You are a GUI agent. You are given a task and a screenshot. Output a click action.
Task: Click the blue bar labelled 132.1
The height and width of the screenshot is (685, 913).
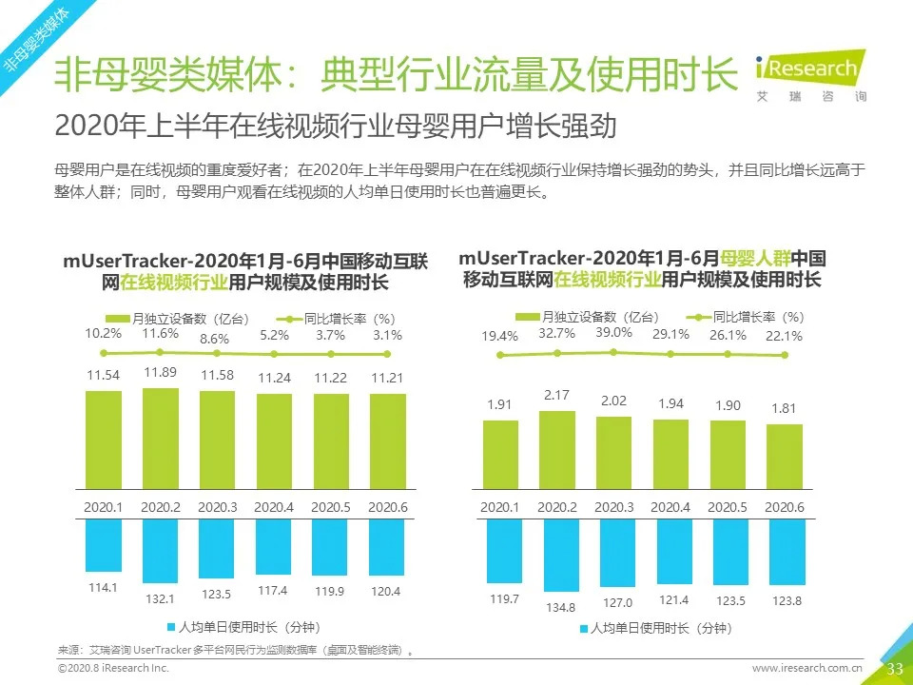tap(161, 551)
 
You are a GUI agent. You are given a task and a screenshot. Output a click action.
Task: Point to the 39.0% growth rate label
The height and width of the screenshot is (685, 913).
tap(613, 332)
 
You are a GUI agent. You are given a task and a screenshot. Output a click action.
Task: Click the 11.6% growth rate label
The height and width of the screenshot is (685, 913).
tap(161, 333)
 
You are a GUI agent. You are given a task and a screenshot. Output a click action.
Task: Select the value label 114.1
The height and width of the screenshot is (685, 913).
tap(103, 587)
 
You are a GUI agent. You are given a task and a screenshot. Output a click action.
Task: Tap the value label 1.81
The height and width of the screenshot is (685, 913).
tap(785, 409)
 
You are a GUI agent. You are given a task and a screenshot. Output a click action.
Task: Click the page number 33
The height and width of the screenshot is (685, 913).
tap(894, 669)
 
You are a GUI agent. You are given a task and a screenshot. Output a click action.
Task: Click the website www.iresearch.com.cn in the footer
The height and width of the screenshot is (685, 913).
tap(807, 670)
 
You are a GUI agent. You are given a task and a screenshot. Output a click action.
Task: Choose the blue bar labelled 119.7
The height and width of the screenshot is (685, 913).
tap(499, 550)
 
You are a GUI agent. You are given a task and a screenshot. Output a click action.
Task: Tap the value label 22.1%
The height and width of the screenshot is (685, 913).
tap(785, 336)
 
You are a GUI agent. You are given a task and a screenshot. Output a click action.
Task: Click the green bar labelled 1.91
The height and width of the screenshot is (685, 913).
tap(499, 454)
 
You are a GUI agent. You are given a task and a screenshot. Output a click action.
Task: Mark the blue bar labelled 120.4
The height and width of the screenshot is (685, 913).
tap(388, 546)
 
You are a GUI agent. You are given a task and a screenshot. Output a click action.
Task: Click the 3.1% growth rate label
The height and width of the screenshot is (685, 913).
tap(388, 335)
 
